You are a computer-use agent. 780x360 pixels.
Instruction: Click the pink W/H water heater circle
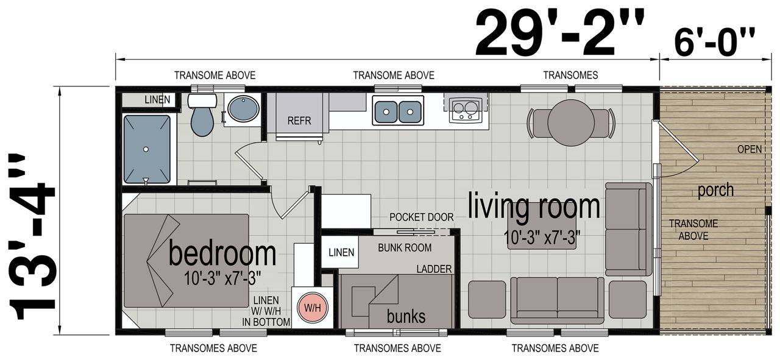(x=313, y=308)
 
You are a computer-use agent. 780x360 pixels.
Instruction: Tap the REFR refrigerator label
(x=299, y=121)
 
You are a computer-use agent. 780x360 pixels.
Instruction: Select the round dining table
(x=571, y=122)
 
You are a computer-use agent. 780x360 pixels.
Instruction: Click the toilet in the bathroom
(x=202, y=115)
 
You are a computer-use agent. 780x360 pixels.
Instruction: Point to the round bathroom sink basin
(x=243, y=108)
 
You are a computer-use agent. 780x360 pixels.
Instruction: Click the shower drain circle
(x=146, y=149)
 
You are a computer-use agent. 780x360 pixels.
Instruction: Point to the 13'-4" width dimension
(x=32, y=236)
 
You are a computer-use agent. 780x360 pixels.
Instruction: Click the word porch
(x=715, y=191)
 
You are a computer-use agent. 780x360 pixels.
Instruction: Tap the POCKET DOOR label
(x=421, y=217)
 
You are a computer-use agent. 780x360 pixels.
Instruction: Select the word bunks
(x=406, y=317)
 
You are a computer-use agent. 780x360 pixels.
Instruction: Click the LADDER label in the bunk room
(x=434, y=269)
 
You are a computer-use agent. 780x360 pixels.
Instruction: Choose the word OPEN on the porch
(x=750, y=149)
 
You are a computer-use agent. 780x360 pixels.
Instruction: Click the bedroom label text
(x=222, y=254)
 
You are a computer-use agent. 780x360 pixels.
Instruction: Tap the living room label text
(x=534, y=207)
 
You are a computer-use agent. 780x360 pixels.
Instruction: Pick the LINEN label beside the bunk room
(x=341, y=252)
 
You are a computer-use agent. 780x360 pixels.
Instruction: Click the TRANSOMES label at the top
(x=570, y=75)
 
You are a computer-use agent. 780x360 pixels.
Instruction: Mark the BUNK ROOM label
(x=405, y=248)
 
